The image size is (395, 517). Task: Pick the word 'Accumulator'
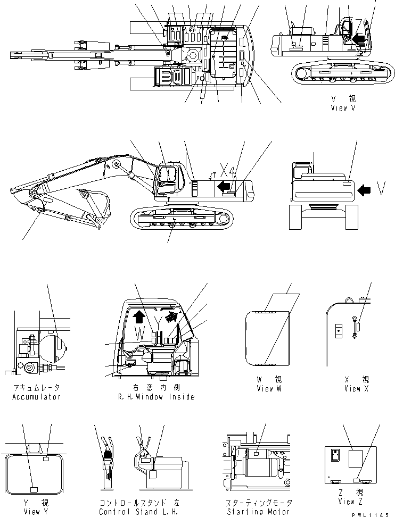click(x=36, y=397)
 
